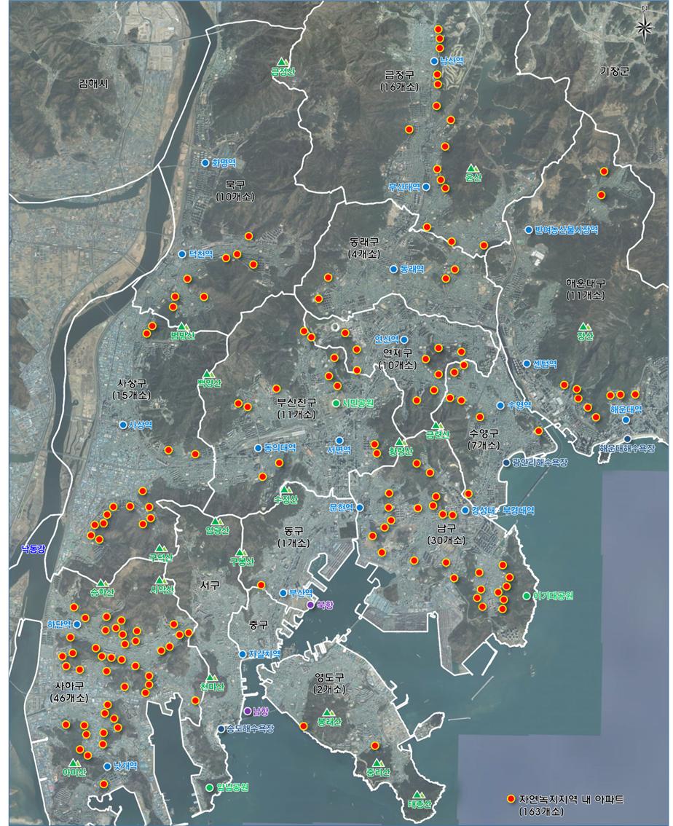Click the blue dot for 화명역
[x=205, y=163]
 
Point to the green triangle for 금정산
[x=283, y=63]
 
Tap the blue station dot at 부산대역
[x=427, y=187]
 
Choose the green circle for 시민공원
[x=336, y=404]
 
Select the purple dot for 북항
[x=310, y=605]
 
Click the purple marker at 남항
[x=247, y=711]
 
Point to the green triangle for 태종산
[x=417, y=795]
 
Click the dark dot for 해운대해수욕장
[x=628, y=438]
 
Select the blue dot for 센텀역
[x=527, y=363]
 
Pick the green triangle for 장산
[x=583, y=327]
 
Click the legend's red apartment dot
[x=511, y=799]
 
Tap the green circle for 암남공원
[x=210, y=787]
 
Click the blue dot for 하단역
[x=76, y=624]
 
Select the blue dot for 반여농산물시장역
[x=529, y=230]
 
